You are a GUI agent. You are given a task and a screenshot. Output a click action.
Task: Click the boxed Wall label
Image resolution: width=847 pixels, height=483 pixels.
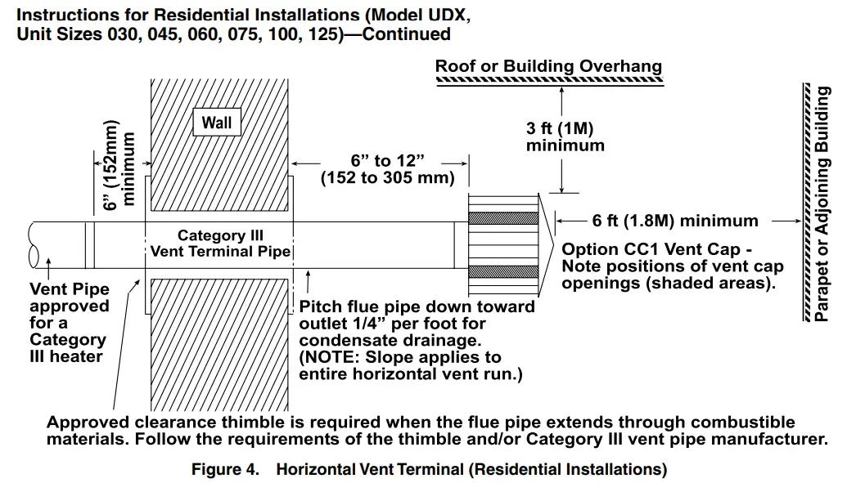coord(217,123)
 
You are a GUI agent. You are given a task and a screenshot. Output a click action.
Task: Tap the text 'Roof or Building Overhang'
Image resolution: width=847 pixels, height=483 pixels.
coord(548,66)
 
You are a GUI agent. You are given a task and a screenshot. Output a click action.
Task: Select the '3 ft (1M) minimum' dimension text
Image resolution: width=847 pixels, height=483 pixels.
coord(565,137)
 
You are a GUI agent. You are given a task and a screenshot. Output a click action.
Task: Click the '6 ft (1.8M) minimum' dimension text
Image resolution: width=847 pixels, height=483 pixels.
coord(675,221)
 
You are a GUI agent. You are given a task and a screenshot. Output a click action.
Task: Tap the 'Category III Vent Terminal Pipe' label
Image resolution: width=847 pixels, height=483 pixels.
coord(220,244)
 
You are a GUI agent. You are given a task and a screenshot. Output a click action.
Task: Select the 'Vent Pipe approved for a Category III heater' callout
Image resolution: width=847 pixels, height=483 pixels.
coord(69,323)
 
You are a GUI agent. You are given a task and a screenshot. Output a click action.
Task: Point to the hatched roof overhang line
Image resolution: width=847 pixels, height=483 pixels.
coord(548,81)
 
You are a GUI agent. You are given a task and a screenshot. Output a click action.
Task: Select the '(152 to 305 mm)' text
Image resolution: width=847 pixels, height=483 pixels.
coord(387,177)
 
